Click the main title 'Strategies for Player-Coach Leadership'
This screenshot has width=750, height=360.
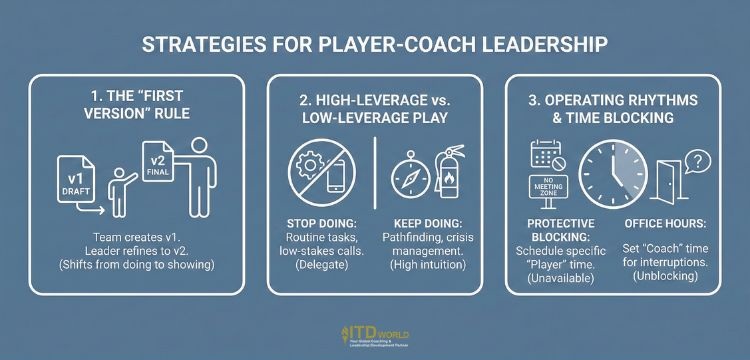pos(374,46)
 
